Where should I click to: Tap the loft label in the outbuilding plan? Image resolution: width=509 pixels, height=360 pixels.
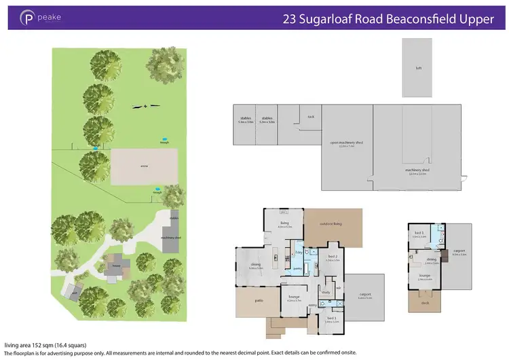point(418,69)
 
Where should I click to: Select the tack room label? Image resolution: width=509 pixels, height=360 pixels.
point(311,116)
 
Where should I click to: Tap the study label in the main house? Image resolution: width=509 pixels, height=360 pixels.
point(326,293)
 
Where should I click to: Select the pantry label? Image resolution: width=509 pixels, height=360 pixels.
point(297,268)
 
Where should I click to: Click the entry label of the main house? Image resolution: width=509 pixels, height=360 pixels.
point(312,306)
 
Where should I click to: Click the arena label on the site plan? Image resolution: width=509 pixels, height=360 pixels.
point(144,166)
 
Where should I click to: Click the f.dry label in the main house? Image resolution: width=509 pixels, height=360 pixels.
point(299,252)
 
